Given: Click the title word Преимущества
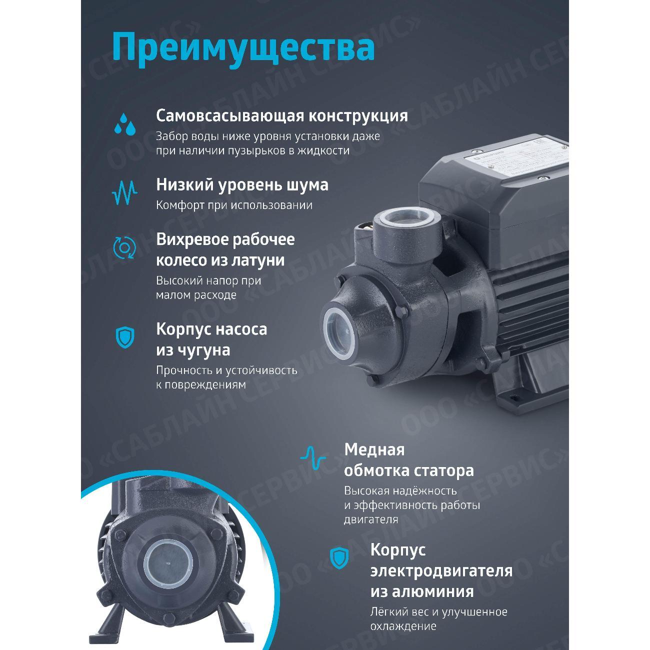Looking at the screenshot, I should tap(243, 47).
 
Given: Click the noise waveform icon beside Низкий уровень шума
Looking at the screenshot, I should tap(124, 192).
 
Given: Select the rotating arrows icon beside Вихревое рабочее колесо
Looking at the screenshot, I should tap(124, 247).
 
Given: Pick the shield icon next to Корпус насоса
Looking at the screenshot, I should tap(124, 337).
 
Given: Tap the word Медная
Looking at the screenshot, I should tap(374, 449).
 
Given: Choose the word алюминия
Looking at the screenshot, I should tap(422, 591).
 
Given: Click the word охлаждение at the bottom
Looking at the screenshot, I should tap(403, 626).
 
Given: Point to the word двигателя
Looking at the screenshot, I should tap(371, 519).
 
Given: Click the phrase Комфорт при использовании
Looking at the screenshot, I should tap(234, 205).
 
